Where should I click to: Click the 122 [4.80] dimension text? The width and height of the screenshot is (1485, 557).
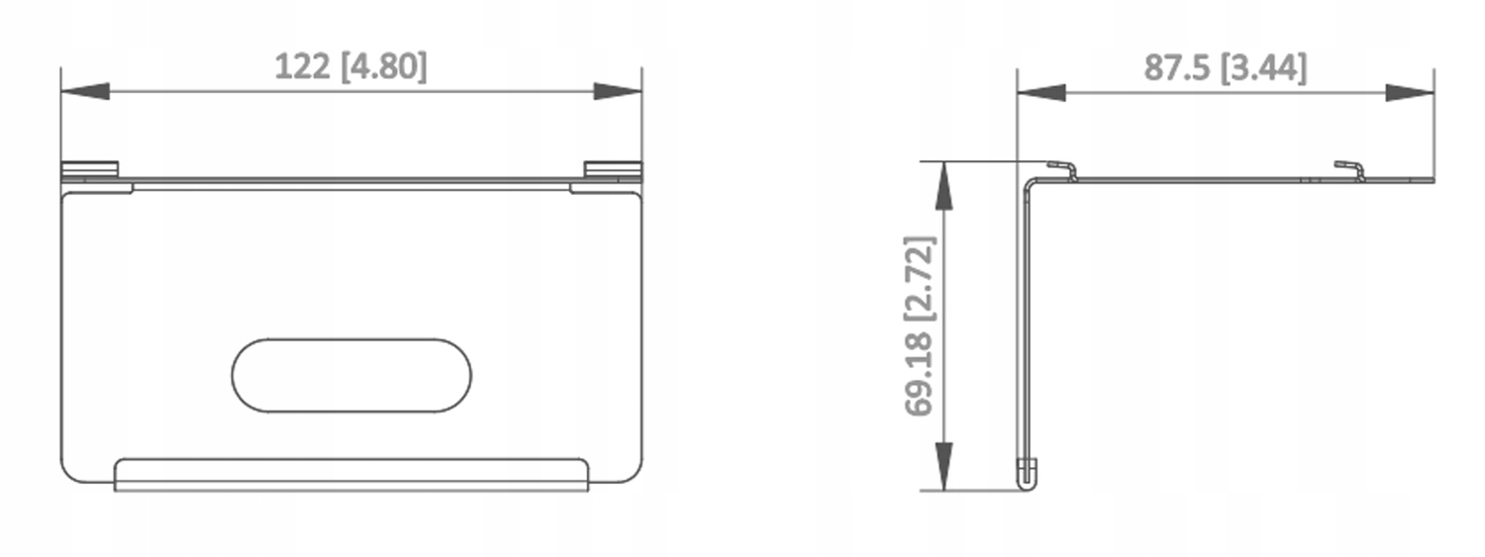coord(350,66)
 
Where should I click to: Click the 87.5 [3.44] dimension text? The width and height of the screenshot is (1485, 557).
coord(1225,66)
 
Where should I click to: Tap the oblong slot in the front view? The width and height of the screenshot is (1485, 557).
coord(351,376)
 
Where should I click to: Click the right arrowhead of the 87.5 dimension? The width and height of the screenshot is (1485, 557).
coord(1410,92)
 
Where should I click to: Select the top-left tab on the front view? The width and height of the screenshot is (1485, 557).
coord(90,169)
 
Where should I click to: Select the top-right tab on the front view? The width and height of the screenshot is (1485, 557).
coord(612,169)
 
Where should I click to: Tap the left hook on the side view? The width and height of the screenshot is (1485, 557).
coord(1062,169)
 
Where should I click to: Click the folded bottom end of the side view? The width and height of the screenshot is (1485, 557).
coord(1028,474)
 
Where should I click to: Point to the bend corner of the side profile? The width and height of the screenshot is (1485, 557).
coord(1030,184)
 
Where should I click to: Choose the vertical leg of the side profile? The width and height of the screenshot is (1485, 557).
coord(1025,326)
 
